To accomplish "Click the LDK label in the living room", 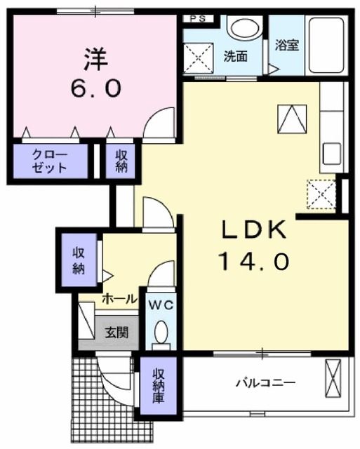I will (x=255, y=229).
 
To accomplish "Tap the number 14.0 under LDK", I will (x=254, y=262).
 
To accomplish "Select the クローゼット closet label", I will (x=50, y=161).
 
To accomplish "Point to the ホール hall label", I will (x=119, y=299).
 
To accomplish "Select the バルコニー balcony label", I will (x=265, y=383).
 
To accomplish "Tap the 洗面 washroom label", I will (x=235, y=56).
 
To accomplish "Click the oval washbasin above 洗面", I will (x=243, y=29).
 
